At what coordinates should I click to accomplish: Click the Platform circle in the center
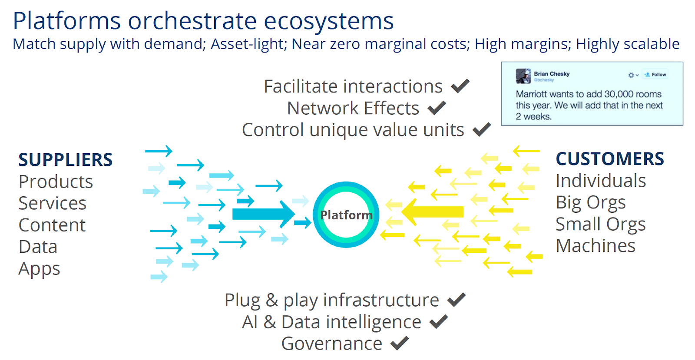pos(346,215)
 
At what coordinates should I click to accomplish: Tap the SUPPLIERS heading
pos(66,160)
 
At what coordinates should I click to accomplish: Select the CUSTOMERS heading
pos(610,159)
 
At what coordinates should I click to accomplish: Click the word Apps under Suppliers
pos(39,269)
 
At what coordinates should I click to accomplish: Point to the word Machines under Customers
pos(596,246)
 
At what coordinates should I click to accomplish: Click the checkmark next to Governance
pos(400,343)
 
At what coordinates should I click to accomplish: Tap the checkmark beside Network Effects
pos(437,108)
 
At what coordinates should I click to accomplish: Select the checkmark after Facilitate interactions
pos(460,86)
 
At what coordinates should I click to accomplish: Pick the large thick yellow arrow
pos(433,212)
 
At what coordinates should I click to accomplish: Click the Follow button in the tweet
pos(656,75)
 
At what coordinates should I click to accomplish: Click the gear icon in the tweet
pos(631,75)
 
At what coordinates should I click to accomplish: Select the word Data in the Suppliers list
pos(38,247)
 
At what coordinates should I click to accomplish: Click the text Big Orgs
pos(591,202)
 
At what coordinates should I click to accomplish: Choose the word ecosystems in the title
pos(329,21)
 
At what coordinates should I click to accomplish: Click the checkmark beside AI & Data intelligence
pos(438,321)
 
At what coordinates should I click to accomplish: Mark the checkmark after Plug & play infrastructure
pos(457,300)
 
